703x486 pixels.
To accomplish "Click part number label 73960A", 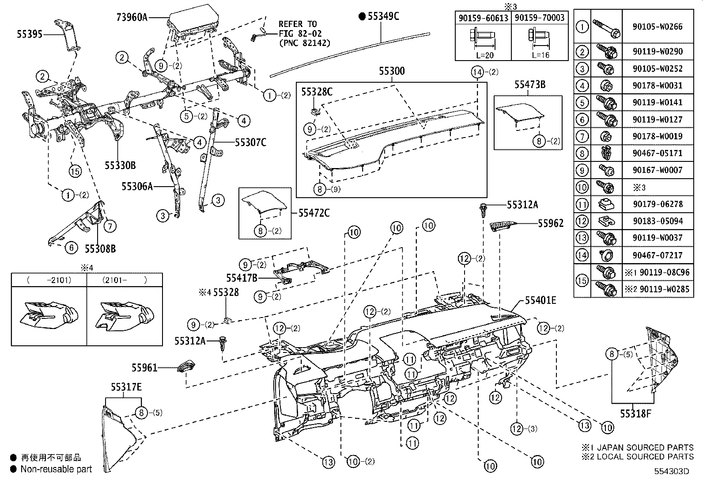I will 132,18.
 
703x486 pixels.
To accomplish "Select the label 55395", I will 30,34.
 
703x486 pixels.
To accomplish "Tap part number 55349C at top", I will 383,16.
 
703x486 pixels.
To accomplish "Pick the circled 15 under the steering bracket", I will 75,170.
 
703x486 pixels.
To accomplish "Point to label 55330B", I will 120,165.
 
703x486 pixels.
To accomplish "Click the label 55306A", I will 137,187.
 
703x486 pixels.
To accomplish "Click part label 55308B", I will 100,249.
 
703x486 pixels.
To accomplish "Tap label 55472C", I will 314,213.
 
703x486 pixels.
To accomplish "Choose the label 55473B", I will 529,84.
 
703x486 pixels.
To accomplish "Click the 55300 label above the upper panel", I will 392,71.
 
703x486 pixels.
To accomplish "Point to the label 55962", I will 551,223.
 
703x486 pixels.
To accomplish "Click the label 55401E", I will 540,301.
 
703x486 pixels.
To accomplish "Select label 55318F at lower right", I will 635,413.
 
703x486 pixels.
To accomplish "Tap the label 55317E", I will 126,387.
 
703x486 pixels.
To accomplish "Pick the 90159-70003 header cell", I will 539,18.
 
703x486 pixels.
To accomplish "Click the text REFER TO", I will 298,24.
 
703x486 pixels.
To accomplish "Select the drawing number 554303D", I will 672,471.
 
